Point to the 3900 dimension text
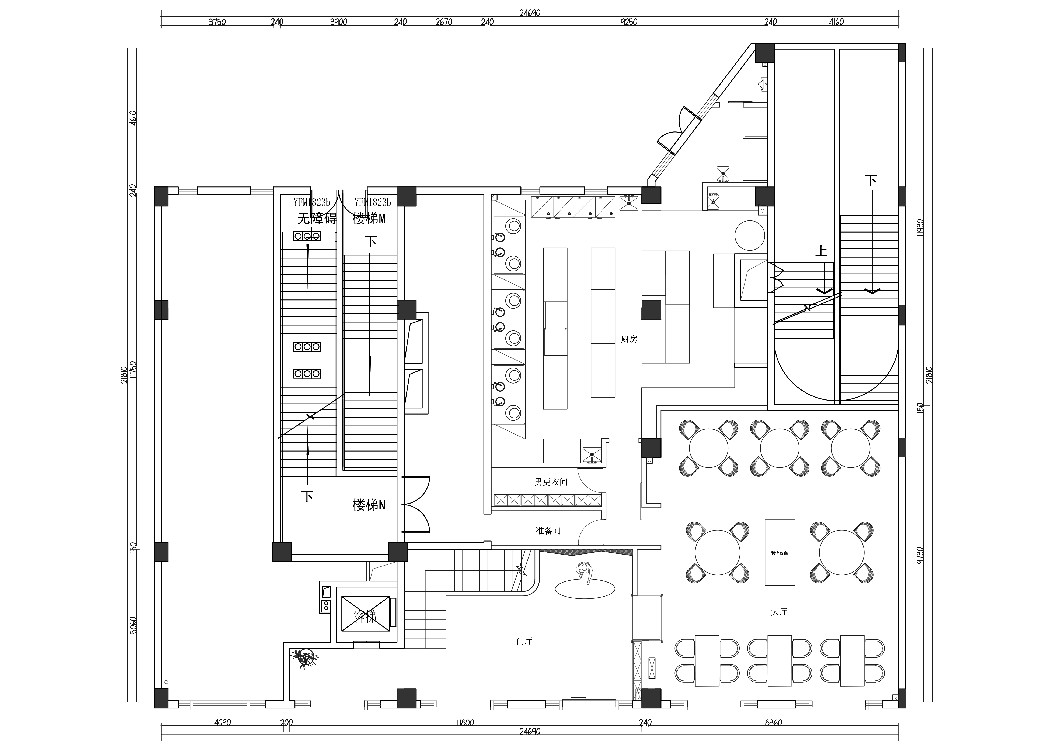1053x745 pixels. [338, 22]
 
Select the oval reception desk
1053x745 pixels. [585, 589]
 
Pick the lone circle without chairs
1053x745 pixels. [749, 236]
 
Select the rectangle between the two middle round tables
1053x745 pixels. [780, 552]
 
